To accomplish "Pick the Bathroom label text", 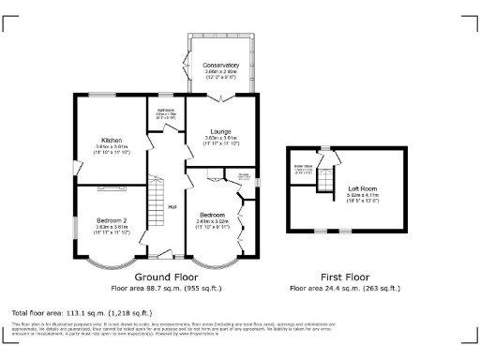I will pyautogui.click(x=166, y=111).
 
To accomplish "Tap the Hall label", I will pyautogui.click(x=172, y=207).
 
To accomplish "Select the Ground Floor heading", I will pyautogui.click(x=165, y=277).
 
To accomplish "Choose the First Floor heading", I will pyautogui.click(x=345, y=277).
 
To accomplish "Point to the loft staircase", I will pyautogui.click(x=325, y=178).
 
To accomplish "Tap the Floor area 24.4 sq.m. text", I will pyautogui.click(x=345, y=288).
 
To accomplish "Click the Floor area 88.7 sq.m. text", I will pyautogui.click(x=165, y=288).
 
